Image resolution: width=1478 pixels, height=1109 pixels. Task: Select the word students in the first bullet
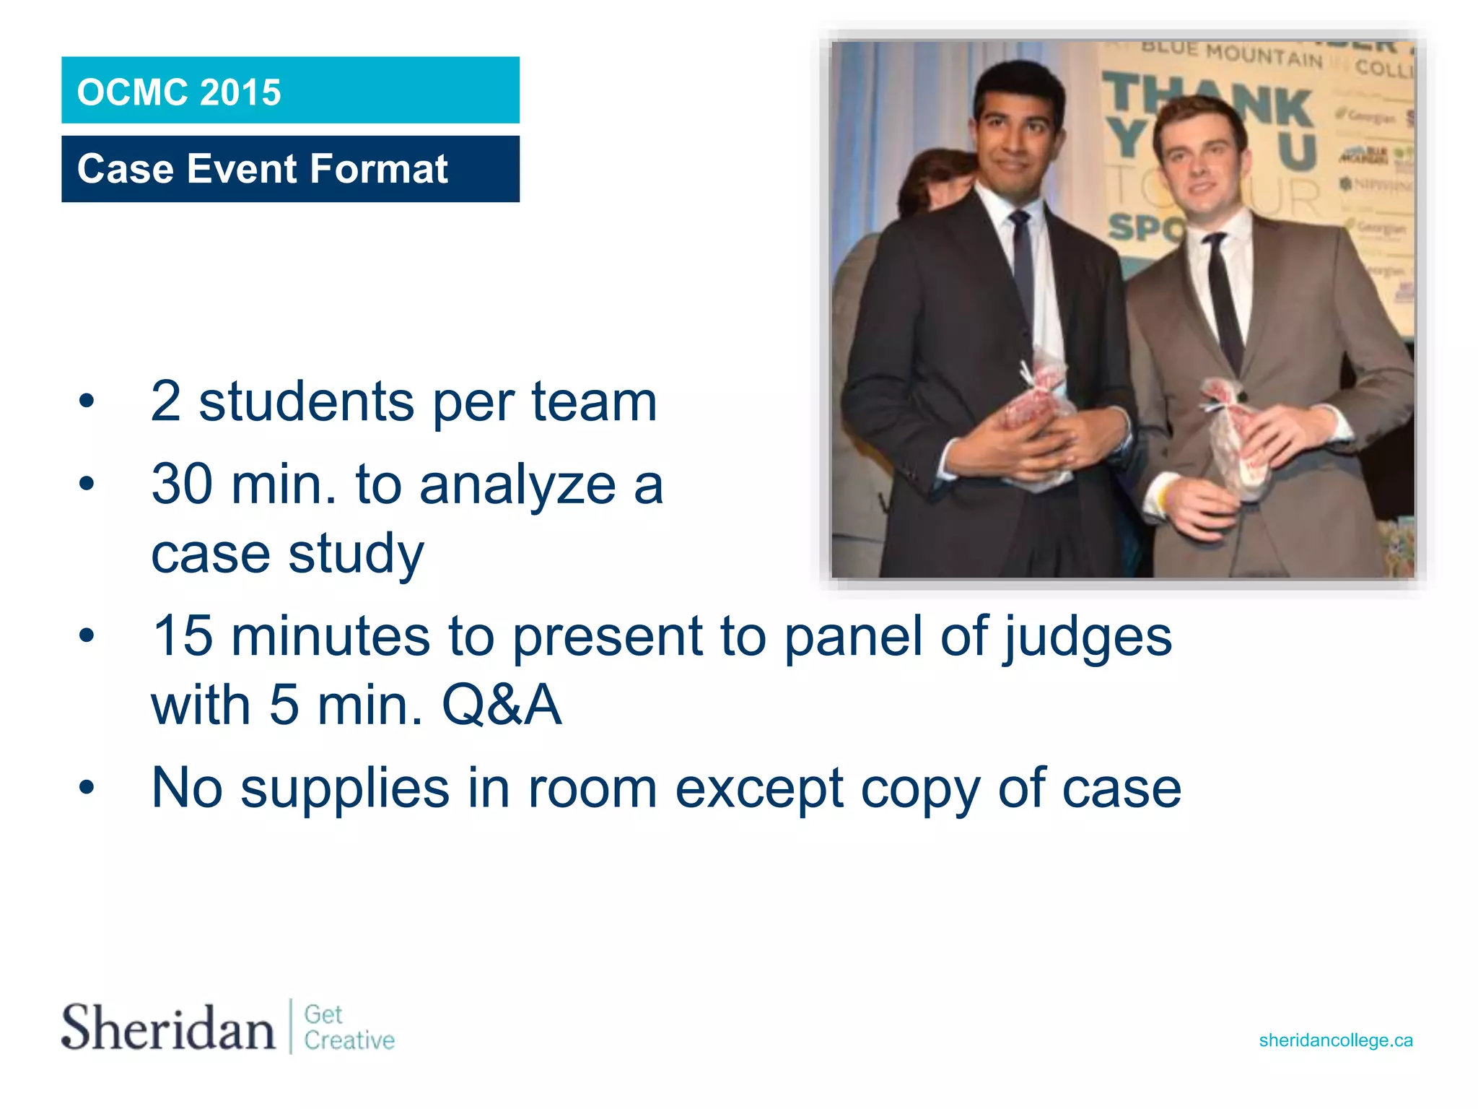306,401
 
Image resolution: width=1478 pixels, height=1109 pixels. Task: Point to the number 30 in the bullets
182,484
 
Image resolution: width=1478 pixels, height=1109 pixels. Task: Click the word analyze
517,484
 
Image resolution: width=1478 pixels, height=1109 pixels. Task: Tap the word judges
1088,637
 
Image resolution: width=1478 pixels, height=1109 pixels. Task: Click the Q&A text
502,705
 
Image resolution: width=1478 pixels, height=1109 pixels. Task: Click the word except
758,788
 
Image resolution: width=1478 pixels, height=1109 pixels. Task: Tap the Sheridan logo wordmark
167,1027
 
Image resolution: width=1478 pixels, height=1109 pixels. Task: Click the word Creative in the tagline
349,1040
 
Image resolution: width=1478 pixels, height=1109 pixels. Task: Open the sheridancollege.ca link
1335,1040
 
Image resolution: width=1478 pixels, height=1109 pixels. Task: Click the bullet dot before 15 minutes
87,636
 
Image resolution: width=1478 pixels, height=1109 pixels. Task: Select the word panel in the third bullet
853,637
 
